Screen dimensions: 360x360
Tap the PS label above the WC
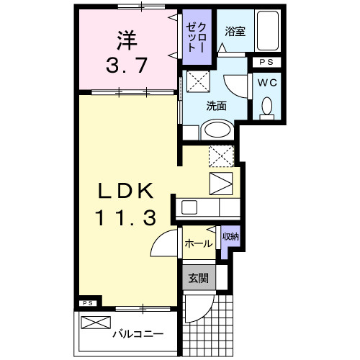point(266,63)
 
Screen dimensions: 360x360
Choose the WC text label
point(266,82)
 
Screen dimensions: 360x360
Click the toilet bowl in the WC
point(267,107)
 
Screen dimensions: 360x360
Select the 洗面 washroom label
point(217,105)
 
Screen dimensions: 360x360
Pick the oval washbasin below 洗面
point(216,130)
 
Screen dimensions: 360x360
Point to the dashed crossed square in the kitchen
point(221,156)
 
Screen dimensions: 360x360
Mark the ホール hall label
point(198,244)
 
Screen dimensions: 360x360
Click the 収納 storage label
point(230,236)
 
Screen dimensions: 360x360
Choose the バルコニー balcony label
point(137,334)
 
